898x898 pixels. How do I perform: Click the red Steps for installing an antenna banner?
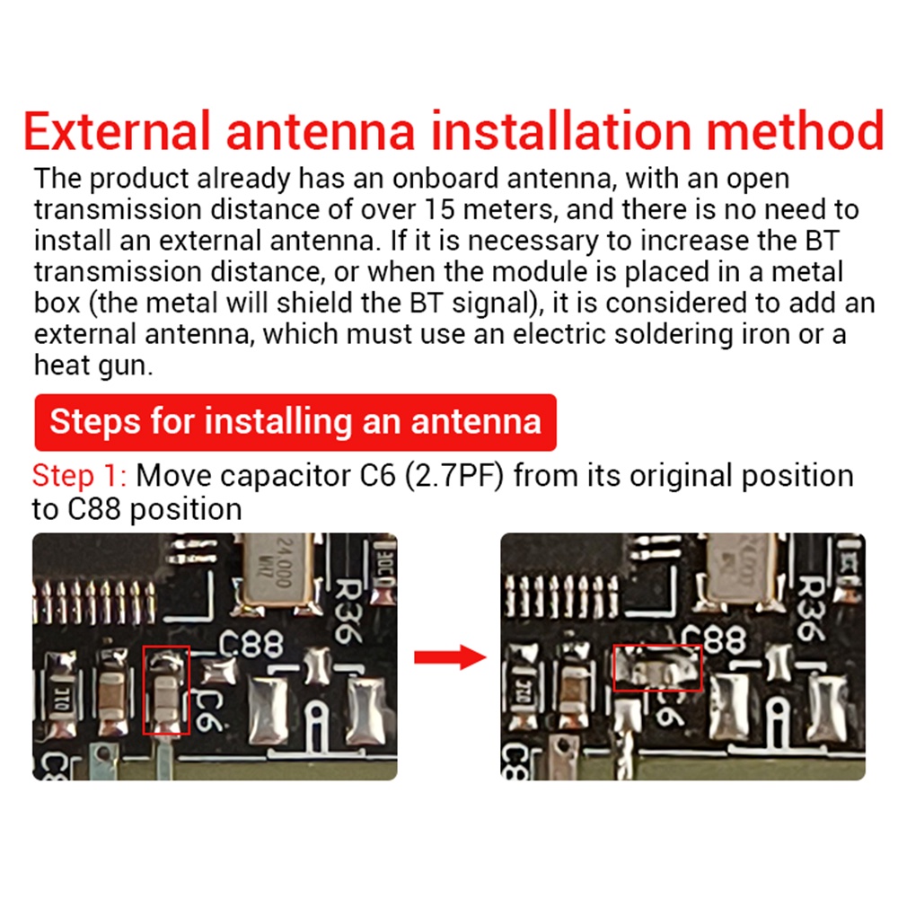point(295,421)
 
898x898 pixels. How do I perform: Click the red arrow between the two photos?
point(448,658)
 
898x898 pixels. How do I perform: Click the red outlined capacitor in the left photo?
point(167,690)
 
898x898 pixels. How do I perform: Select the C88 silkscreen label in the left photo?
point(252,643)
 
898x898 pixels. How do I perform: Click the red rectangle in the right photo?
point(656,668)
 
